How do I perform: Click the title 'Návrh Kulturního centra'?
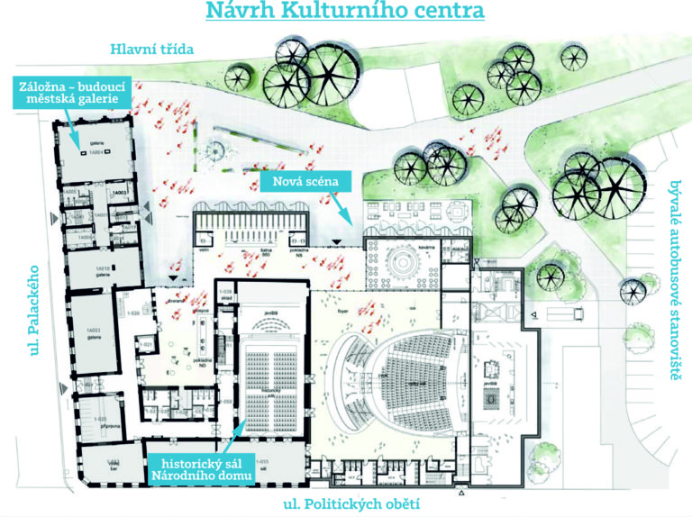(x=345, y=13)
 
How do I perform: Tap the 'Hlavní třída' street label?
(x=151, y=49)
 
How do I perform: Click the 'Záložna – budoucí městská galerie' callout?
(x=68, y=92)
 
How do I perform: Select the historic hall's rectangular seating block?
(x=270, y=369)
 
